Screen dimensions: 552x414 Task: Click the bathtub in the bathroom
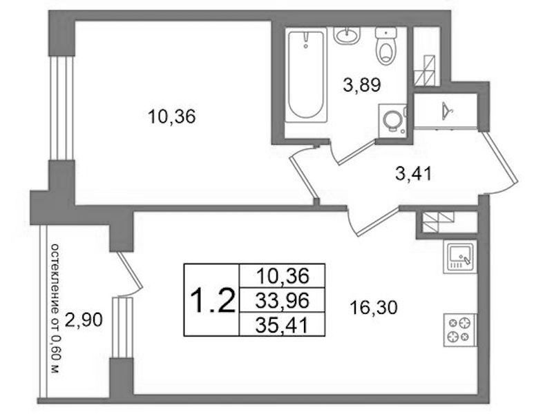305,77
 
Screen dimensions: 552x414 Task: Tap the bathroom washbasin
347,35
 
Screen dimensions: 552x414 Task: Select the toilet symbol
386,46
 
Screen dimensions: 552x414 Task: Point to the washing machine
392,119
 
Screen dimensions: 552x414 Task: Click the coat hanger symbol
447,110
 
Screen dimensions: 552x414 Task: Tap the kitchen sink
460,257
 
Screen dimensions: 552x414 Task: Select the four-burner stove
460,330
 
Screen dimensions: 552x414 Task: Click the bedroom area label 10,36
171,116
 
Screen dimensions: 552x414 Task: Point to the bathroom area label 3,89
362,85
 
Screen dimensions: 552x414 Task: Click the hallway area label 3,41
413,173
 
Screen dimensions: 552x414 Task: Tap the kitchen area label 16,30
374,308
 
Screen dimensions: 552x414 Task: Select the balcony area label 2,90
84,319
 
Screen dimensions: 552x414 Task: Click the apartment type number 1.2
212,300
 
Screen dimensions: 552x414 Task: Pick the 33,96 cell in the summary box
282,300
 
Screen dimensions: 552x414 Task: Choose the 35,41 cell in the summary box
282,324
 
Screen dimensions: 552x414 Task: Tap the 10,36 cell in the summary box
282,276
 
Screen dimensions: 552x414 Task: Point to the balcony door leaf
130,270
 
